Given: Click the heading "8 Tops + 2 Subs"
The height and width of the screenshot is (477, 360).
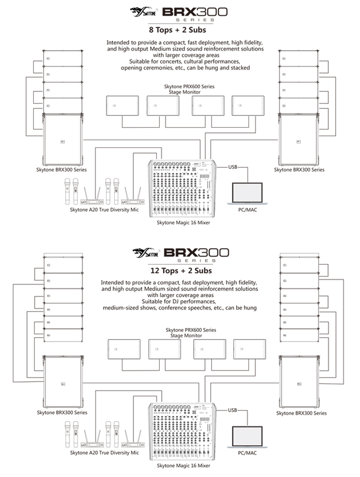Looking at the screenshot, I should click(178, 31).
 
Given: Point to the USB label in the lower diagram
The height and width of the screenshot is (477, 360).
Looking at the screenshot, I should click(233, 410).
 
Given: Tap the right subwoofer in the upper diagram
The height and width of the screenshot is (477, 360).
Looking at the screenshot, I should click(298, 139).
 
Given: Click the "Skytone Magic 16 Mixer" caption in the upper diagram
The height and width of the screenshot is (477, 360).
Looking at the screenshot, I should click(183, 222).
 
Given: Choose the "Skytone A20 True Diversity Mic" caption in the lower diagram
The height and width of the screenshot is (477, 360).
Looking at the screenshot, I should click(104, 452).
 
